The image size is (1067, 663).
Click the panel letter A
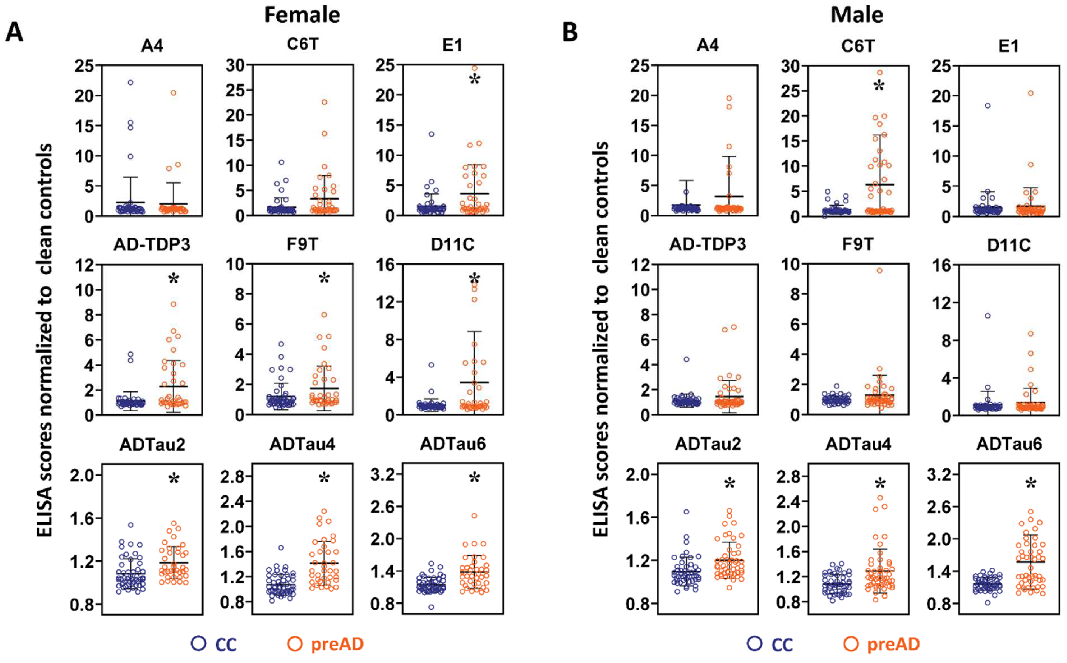(14, 33)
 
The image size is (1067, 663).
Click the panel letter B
(570, 33)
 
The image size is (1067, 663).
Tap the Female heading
(302, 15)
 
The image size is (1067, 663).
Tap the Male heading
(857, 15)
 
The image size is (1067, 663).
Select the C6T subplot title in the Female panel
(302, 45)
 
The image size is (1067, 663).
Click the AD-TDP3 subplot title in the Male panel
(708, 244)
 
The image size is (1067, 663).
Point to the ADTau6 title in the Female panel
(453, 444)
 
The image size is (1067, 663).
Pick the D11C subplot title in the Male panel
(1009, 245)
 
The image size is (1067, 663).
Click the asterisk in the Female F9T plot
(324, 278)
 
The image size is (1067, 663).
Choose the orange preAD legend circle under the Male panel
(851, 644)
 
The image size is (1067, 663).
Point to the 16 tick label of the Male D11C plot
(942, 265)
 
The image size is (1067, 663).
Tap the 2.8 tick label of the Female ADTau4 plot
(232, 477)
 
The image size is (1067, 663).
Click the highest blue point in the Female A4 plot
(130, 82)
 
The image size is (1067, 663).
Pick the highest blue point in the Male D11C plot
(988, 316)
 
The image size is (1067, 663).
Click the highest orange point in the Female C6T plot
(325, 102)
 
